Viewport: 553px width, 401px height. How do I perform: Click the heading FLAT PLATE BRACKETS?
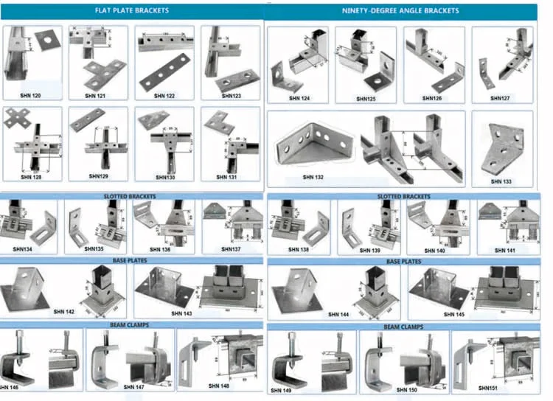tap(131, 11)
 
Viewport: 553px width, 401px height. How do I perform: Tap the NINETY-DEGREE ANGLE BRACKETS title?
tap(400, 11)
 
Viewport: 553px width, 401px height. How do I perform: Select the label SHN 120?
tap(31, 95)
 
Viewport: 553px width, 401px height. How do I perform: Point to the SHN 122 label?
tap(164, 95)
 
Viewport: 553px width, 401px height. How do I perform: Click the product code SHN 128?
tap(31, 177)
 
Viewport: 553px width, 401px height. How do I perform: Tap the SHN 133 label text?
tap(502, 181)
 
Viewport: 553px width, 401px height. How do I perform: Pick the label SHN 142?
tap(64, 312)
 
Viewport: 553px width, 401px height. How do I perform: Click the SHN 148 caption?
tap(220, 386)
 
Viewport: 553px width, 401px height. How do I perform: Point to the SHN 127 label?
tap(500, 97)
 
